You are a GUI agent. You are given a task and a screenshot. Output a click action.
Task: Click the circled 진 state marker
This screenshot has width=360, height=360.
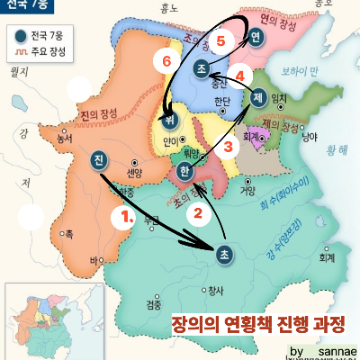click(x=98, y=161)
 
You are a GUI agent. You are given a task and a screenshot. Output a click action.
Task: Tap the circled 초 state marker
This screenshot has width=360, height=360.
click(x=224, y=256)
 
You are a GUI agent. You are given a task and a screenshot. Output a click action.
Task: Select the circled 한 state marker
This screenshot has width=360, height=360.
click(x=184, y=172)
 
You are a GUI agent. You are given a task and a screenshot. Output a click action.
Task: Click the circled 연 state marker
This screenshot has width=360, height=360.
click(x=255, y=37)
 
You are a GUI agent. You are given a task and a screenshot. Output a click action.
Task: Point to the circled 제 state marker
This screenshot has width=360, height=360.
click(x=259, y=99)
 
